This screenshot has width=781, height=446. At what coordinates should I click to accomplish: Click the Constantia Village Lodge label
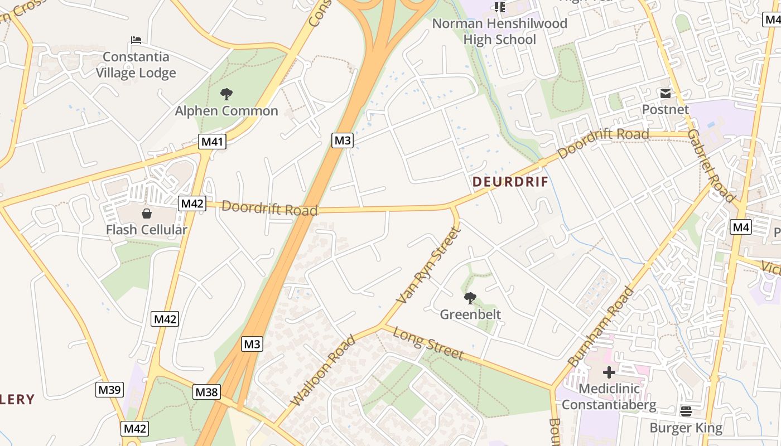(x=136, y=65)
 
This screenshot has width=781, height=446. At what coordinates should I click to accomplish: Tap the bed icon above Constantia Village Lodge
(x=136, y=40)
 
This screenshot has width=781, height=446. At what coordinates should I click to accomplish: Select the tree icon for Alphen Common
(x=226, y=94)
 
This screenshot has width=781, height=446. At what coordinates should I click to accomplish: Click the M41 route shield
(x=212, y=142)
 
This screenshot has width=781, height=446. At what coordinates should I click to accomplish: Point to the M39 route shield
(x=109, y=390)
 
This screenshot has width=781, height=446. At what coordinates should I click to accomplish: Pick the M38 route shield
(x=206, y=392)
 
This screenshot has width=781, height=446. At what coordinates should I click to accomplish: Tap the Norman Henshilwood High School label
(x=499, y=31)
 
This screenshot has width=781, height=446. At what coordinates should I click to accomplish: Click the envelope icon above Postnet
(x=665, y=93)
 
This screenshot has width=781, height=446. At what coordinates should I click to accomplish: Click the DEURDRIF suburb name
(x=510, y=182)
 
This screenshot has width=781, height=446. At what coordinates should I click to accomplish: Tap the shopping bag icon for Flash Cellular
(x=147, y=213)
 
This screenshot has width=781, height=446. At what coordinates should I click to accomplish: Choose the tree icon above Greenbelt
(x=470, y=298)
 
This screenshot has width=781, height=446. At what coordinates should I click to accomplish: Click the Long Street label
(x=428, y=343)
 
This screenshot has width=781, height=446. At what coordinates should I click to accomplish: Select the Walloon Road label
(x=322, y=370)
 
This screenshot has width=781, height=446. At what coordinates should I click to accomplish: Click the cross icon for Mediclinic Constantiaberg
(x=609, y=372)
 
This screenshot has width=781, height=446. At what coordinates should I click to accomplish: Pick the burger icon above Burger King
(x=686, y=411)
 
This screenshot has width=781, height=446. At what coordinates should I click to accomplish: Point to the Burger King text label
(x=686, y=428)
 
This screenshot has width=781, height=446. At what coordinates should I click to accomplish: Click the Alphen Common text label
(x=226, y=111)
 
